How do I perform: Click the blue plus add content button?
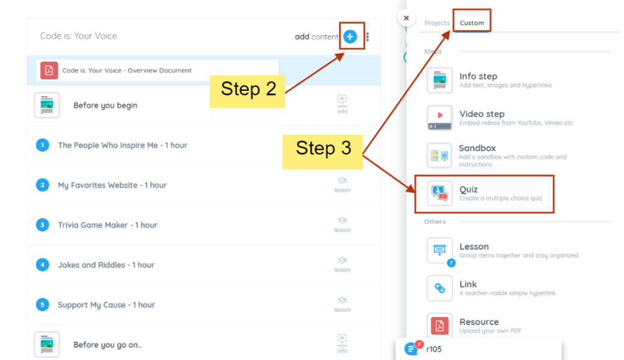pos(350,37)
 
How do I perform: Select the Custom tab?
pos(472,23)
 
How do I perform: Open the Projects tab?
pos(437,23)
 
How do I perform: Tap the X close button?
pos(406,18)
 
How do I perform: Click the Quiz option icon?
pos(439,193)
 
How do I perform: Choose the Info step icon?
pos(439,80)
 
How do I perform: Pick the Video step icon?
pos(439,118)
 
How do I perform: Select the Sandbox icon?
pos(439,155)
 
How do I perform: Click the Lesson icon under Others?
pos(439,250)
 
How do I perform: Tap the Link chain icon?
pos(439,288)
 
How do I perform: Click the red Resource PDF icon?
pos(439,326)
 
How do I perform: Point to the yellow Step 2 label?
pos(247,91)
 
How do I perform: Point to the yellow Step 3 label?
pos(322,152)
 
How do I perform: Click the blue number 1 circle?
pos(43,145)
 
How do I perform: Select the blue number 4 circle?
pos(43,264)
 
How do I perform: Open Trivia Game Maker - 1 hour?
pos(107,225)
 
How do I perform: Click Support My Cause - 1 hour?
pos(106,305)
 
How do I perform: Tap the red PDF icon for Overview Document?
pos(49,71)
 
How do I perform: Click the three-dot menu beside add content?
pos(367,37)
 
